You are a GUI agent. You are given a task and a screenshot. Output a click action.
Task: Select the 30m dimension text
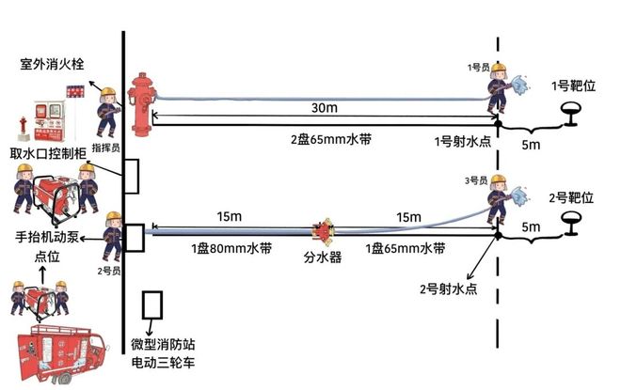coord(325,108)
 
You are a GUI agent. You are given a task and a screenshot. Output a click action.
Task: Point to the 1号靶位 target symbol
coord(572,115)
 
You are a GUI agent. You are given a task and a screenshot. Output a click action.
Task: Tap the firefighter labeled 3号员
coord(502,198)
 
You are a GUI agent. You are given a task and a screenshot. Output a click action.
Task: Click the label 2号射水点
coord(448,289)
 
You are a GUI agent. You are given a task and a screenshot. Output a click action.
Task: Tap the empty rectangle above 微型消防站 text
coord(151,304)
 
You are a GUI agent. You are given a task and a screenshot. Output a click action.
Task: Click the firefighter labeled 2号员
coord(112,235)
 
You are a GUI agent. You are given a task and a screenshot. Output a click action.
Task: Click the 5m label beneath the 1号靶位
coord(532,145)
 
